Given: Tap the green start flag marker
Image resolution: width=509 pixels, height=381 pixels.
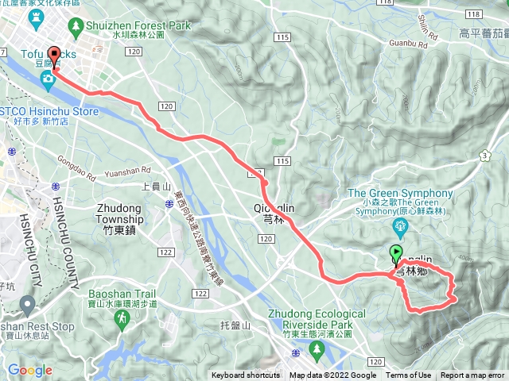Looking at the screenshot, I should tap(397, 255).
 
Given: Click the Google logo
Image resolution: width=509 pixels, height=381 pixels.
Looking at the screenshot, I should tap(29, 370).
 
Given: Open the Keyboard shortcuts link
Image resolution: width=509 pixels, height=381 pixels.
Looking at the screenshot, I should tap(246, 375).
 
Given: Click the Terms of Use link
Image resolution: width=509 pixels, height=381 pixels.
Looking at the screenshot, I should tap(409, 375).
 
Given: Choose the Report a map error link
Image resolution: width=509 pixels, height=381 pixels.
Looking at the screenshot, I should tap(472, 375).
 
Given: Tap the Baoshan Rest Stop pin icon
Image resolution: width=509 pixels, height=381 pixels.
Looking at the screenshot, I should tap(28, 303).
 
